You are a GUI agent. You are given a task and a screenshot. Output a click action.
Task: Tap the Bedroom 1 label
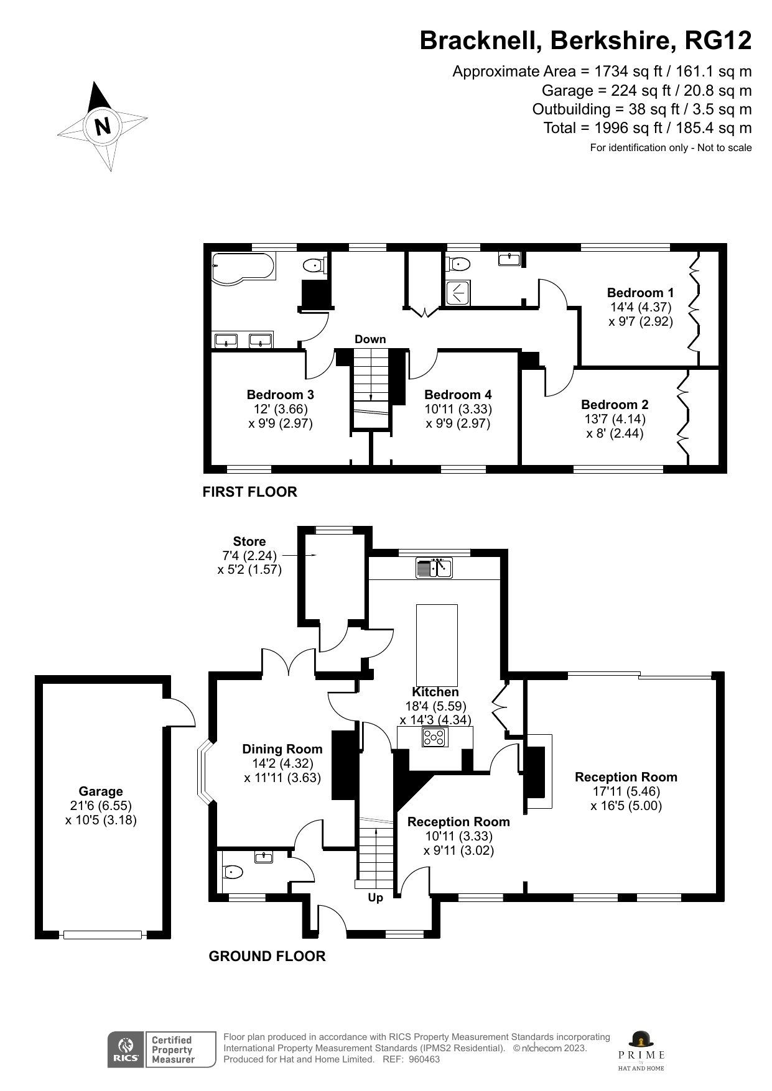coord(640,293)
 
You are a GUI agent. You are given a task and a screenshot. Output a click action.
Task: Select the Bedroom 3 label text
coord(280,395)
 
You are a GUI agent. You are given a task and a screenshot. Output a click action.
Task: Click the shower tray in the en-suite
coord(458,293)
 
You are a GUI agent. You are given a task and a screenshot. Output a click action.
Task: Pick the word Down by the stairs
coord(370,339)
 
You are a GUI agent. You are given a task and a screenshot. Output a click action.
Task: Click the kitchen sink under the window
coord(435,568)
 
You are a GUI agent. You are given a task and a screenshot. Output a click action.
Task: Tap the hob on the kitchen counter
coord(435,737)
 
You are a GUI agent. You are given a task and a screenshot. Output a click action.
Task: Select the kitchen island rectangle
coord(436,644)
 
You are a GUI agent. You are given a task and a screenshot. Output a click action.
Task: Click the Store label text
coord(249,541)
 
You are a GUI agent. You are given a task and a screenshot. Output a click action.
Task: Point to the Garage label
coord(101,791)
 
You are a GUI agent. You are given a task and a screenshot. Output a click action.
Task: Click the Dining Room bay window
coord(204,771)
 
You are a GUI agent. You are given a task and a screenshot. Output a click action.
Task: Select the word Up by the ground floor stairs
coord(375,898)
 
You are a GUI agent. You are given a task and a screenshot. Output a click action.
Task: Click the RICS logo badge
coord(125,1050)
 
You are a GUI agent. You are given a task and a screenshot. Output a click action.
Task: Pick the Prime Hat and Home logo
coord(641,1051)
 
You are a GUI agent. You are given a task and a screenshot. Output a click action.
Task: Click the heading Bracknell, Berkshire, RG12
coord(585,41)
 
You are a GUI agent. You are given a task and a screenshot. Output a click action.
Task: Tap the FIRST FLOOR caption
coord(249,492)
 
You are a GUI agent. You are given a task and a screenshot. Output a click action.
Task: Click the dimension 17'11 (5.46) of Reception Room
coord(626,791)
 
